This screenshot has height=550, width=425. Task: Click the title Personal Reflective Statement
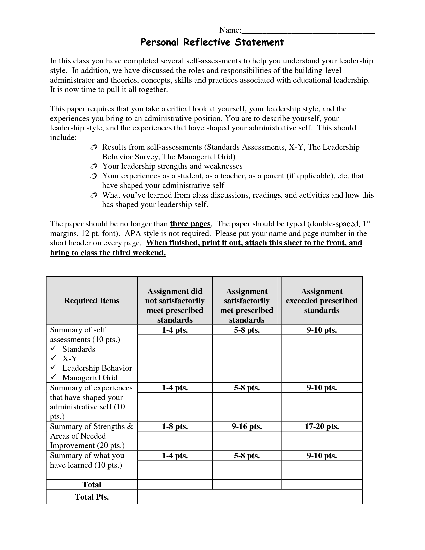pos(212,42)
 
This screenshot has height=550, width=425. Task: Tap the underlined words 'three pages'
pos(190,224)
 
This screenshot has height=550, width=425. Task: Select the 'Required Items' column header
pos(92,301)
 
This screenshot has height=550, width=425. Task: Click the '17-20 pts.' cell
pos(322,426)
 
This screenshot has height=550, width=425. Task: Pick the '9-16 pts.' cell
pos(247,426)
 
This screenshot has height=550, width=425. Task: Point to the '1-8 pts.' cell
pos(175,426)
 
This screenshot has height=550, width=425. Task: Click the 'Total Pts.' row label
pos(92,497)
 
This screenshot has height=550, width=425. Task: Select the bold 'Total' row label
pos(92,485)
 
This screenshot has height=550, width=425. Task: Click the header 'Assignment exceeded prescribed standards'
pos(322,301)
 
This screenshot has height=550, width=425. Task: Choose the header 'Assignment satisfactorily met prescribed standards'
pos(247,305)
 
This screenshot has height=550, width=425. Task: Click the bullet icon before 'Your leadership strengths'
pos(94,166)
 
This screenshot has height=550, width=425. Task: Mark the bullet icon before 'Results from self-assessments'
pos(94,147)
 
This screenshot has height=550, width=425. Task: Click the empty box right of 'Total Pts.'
pos(250,497)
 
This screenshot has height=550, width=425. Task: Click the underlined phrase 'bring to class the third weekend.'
pos(108,253)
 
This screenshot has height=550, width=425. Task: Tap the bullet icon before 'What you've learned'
pos(94,195)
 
